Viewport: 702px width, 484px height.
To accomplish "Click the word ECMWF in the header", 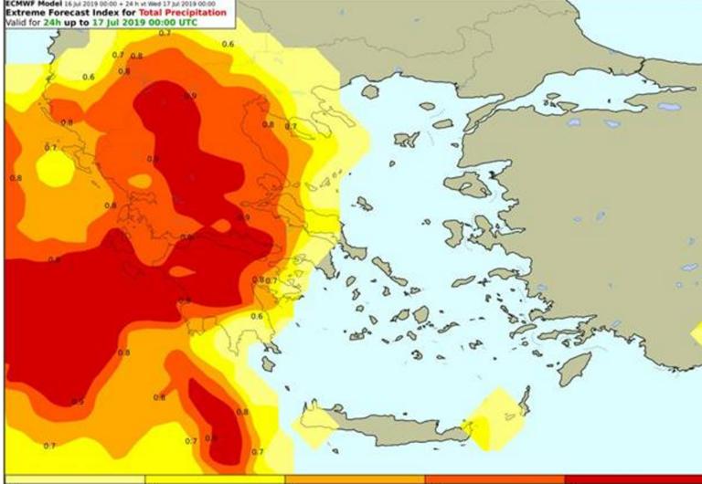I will tap(20, 4).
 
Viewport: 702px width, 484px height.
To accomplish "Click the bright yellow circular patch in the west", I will tap(54, 167).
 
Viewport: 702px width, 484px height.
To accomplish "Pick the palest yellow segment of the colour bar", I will tap(73, 479).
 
